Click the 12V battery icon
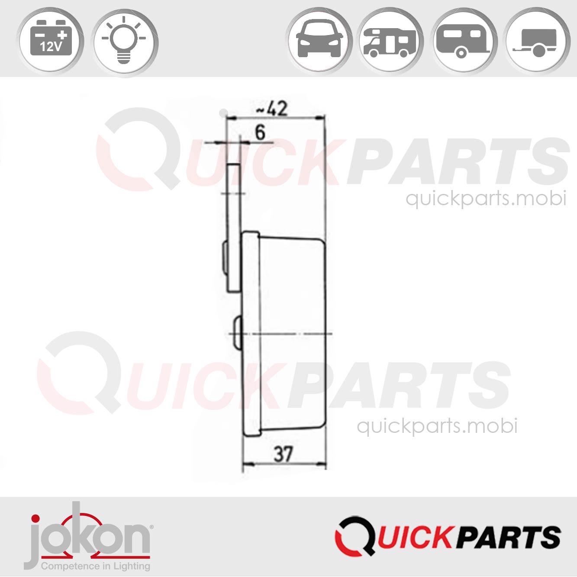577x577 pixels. [x=50, y=40]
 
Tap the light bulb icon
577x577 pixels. [x=124, y=40]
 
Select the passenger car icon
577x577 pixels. [x=319, y=40]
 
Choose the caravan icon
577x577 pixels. [x=464, y=40]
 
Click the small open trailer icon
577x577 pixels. [x=537, y=40]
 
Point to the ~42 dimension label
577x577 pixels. [x=271, y=109]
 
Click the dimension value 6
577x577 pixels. [x=260, y=132]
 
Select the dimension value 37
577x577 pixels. [x=284, y=455]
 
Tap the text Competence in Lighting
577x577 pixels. [x=95, y=566]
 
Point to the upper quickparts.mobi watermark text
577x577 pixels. [x=486, y=199]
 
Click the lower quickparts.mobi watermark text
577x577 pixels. [x=437, y=426]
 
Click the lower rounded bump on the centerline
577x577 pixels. [x=237, y=333]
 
